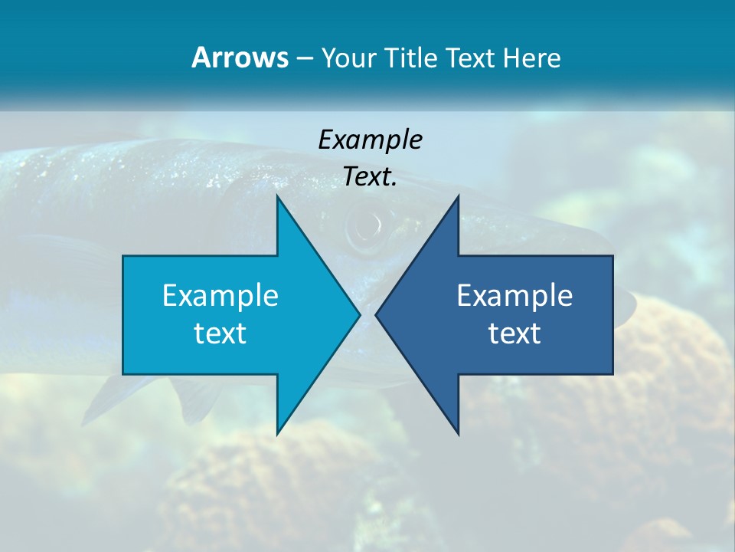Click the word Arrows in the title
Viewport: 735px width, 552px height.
coord(240,58)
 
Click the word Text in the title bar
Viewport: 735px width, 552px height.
coord(472,58)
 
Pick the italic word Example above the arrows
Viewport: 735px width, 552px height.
coord(370,140)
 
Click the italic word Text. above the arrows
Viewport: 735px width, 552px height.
coord(370,176)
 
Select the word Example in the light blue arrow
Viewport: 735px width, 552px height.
coord(220,296)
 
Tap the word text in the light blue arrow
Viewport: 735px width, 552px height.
coord(220,333)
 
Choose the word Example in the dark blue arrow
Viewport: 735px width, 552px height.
coord(514,296)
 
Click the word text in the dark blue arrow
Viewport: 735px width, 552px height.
coord(514,333)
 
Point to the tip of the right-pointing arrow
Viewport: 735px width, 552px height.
coord(359,314)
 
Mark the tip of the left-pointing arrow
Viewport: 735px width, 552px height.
coord(376,314)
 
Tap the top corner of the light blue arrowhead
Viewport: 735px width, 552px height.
coord(278,196)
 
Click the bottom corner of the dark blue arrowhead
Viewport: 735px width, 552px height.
coord(458,434)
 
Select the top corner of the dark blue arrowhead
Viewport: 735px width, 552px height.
coord(458,196)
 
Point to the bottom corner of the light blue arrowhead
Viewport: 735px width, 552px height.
coord(278,434)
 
